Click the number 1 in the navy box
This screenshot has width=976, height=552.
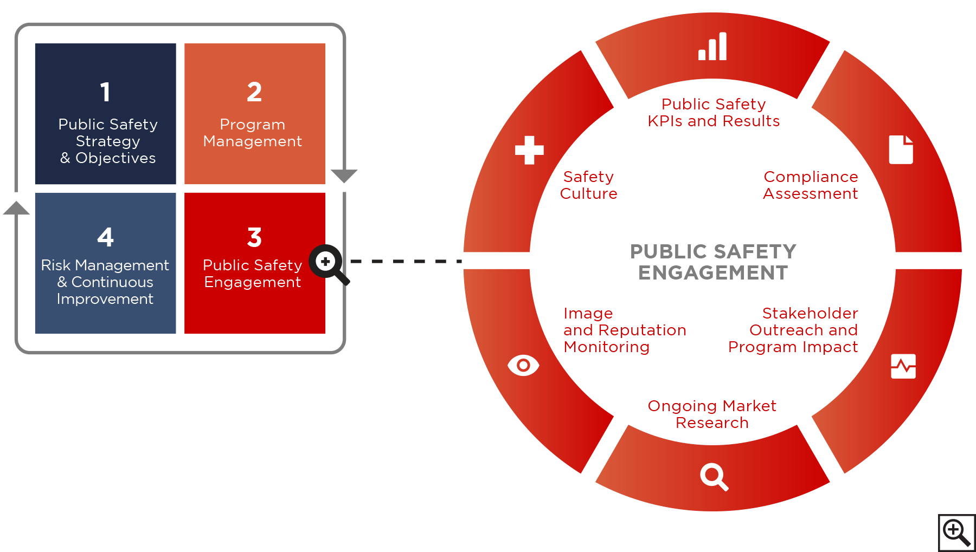[x=105, y=92]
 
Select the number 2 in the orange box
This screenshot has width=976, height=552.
[x=254, y=92]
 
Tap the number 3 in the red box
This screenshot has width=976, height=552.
[x=254, y=237]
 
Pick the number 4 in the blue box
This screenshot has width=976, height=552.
[x=105, y=237]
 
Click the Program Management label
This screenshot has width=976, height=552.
[x=253, y=133]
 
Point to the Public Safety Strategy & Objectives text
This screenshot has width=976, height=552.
[x=108, y=141]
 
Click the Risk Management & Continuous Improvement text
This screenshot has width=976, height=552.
[x=105, y=282]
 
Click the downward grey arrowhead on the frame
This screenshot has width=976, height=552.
[x=344, y=176]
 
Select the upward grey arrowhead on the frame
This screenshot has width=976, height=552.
[x=16, y=208]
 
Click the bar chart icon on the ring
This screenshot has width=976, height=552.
[x=712, y=47]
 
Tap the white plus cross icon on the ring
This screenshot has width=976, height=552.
[x=529, y=150]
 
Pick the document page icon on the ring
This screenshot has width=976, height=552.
[x=901, y=150]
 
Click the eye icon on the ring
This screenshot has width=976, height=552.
[x=523, y=366]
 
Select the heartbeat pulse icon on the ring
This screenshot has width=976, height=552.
[x=903, y=366]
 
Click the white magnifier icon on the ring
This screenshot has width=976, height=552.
[x=714, y=477]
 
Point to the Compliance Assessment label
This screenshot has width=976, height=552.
[x=810, y=185]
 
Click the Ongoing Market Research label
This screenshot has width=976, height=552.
[x=712, y=414]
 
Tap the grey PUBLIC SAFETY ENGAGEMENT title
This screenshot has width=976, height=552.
[x=713, y=262]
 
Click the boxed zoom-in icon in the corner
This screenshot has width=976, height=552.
[x=956, y=532]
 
